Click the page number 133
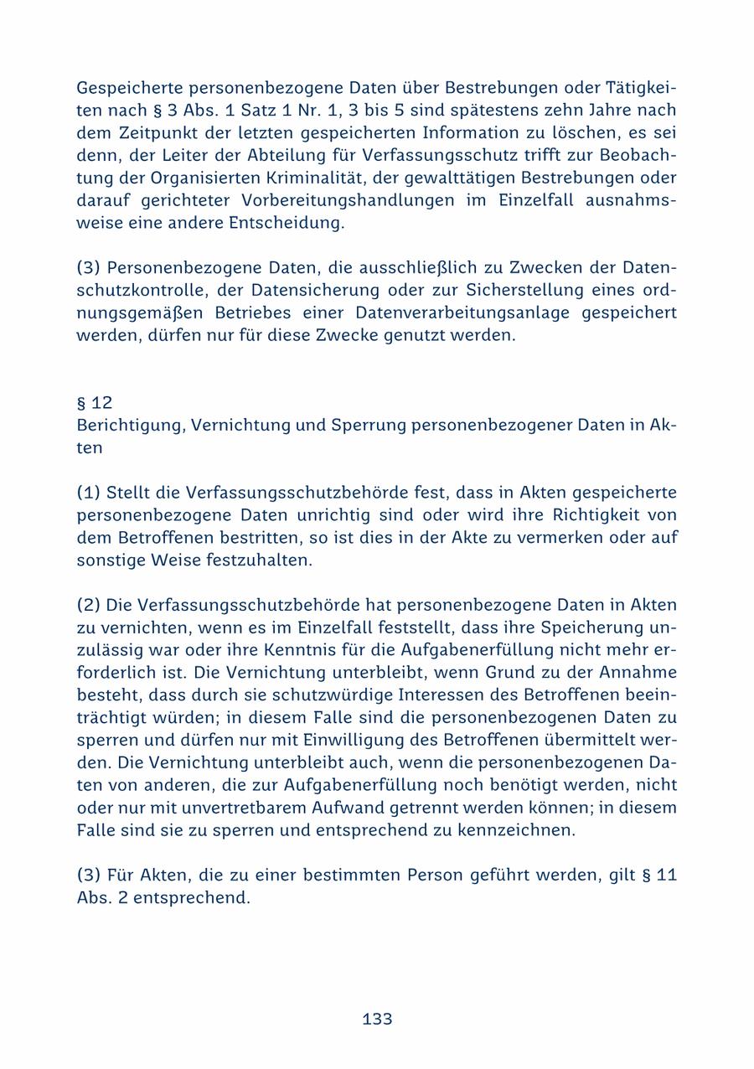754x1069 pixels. click(377, 1019)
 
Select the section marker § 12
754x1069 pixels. click(94, 402)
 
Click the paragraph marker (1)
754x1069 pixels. click(89, 492)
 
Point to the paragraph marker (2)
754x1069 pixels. click(89, 604)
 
